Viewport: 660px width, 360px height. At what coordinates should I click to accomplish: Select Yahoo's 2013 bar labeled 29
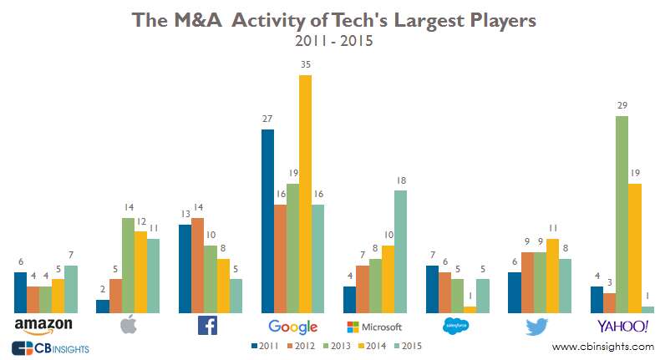point(622,214)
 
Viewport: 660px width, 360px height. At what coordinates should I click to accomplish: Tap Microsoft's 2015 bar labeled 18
point(401,251)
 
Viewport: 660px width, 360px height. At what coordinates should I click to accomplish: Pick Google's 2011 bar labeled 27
point(267,221)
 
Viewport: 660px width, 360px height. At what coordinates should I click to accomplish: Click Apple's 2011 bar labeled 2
point(103,306)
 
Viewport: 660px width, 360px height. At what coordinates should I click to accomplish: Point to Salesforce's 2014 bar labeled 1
point(470,309)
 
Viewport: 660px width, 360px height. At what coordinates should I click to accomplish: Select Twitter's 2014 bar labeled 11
point(552,275)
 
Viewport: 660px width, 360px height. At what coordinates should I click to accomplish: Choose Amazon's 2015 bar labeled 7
point(72,289)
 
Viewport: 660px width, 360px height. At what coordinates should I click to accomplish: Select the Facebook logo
point(207,325)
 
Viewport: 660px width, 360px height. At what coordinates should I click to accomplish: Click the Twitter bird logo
point(538,326)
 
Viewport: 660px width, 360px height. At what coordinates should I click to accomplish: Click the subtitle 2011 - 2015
point(330,38)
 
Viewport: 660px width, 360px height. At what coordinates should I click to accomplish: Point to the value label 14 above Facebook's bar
point(198,206)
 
